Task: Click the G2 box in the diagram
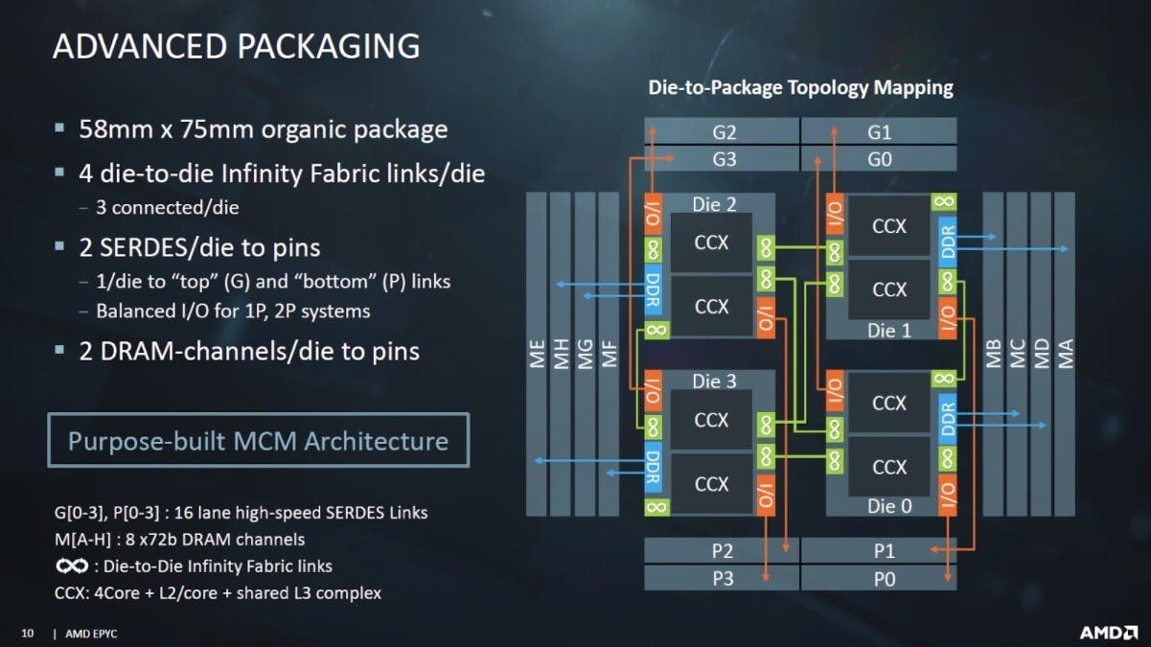(722, 131)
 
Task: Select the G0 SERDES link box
(879, 159)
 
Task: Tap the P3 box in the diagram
(722, 578)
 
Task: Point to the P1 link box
(879, 550)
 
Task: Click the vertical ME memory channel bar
(537, 354)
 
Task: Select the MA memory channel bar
(1065, 354)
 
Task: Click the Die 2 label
(714, 204)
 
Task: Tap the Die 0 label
(889, 506)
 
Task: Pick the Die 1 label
(889, 330)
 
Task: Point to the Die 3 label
(714, 381)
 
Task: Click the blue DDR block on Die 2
(653, 290)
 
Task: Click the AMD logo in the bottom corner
(1108, 633)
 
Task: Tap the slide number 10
(27, 634)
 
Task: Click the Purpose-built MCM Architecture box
(259, 440)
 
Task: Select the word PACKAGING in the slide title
(329, 46)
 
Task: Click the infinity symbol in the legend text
(72, 566)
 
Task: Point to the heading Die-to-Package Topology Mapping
(800, 87)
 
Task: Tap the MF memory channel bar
(609, 354)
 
